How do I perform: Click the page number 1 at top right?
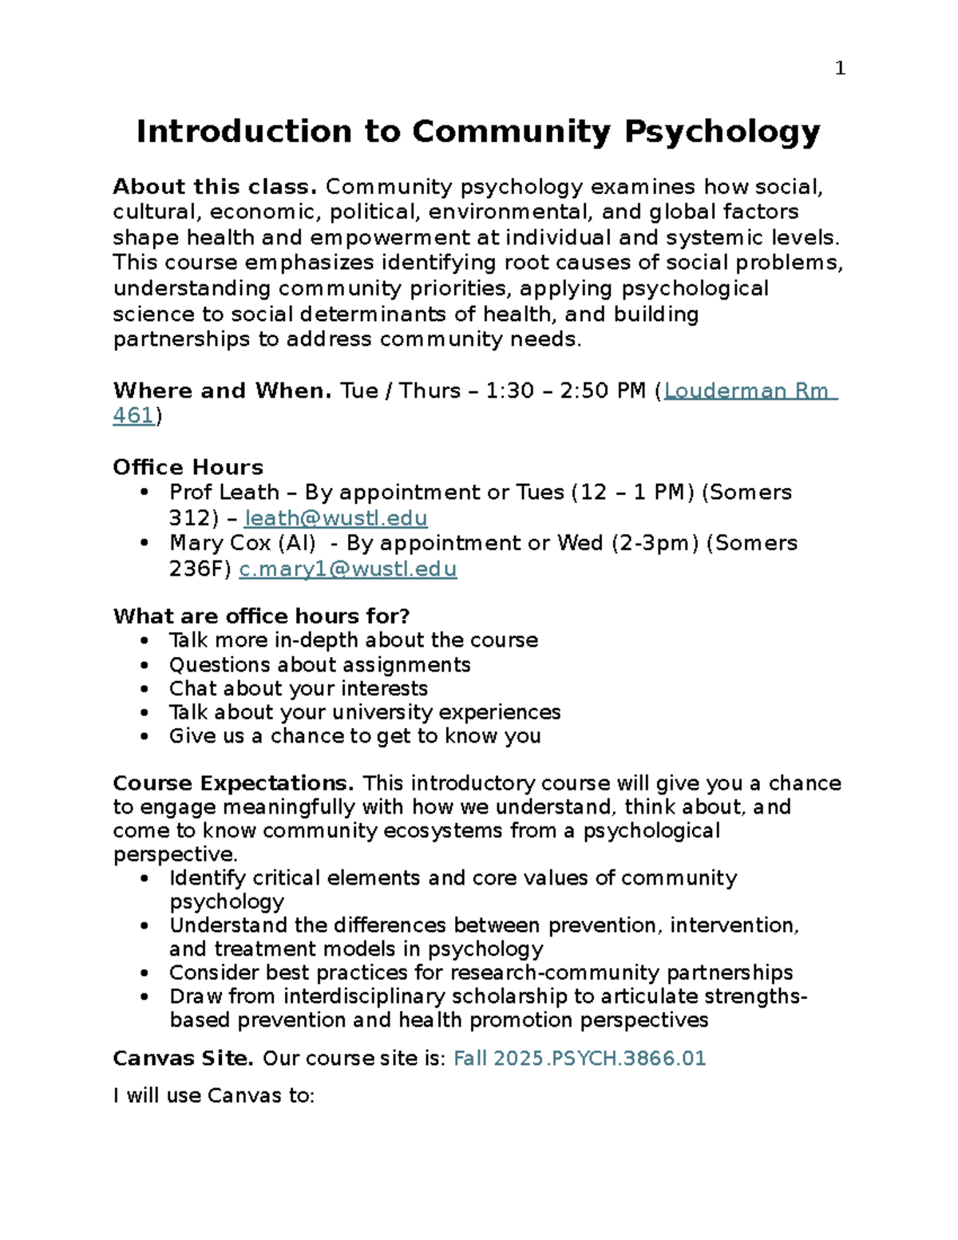tap(839, 69)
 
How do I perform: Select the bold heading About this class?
tap(216, 187)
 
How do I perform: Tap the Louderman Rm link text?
tap(750, 390)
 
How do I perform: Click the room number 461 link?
tap(133, 415)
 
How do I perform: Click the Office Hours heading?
tap(188, 467)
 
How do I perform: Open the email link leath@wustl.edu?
tap(335, 518)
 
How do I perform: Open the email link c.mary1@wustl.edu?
tap(347, 568)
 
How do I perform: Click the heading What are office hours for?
tap(261, 616)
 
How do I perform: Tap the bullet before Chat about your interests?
tap(144, 688)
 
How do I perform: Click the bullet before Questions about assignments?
tap(144, 665)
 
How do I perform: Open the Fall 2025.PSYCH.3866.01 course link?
tap(580, 1058)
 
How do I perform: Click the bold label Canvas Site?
tap(183, 1058)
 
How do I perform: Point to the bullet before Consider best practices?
tap(144, 973)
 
